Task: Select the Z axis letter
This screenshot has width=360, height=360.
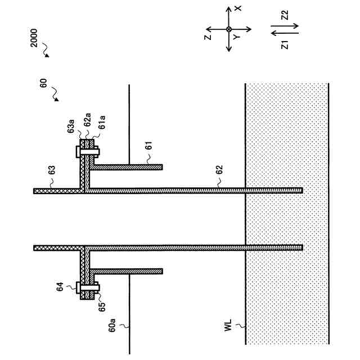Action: [x=208, y=37]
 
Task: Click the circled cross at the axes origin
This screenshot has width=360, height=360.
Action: [x=228, y=29]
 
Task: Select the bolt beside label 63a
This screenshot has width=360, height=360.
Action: [x=87, y=151]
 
